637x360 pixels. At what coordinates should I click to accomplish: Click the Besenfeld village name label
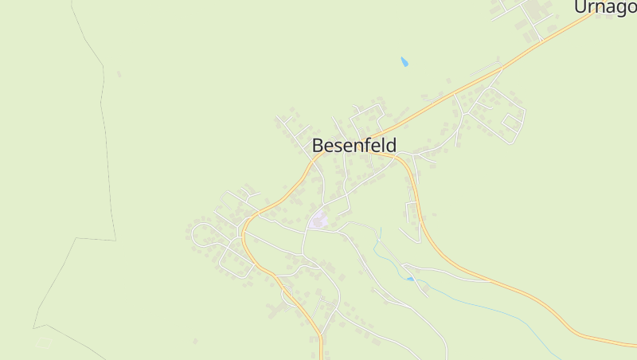pos(354,146)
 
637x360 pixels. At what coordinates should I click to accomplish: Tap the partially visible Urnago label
pos(604,7)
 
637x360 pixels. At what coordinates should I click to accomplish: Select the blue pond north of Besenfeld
pos(404,61)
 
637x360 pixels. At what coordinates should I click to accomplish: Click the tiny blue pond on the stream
pos(411,279)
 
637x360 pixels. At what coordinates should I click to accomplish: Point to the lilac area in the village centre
pos(319,218)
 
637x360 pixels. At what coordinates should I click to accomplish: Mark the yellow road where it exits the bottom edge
pos(321,354)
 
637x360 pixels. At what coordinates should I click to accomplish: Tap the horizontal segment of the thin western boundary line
pos(96,238)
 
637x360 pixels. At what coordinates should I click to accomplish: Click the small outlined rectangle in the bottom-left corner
pos(45,342)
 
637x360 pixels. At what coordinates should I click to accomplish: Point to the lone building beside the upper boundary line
pos(119,74)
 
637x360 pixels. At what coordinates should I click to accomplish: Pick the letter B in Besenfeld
pos(318,146)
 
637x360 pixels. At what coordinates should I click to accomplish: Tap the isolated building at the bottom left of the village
pos(194,342)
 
